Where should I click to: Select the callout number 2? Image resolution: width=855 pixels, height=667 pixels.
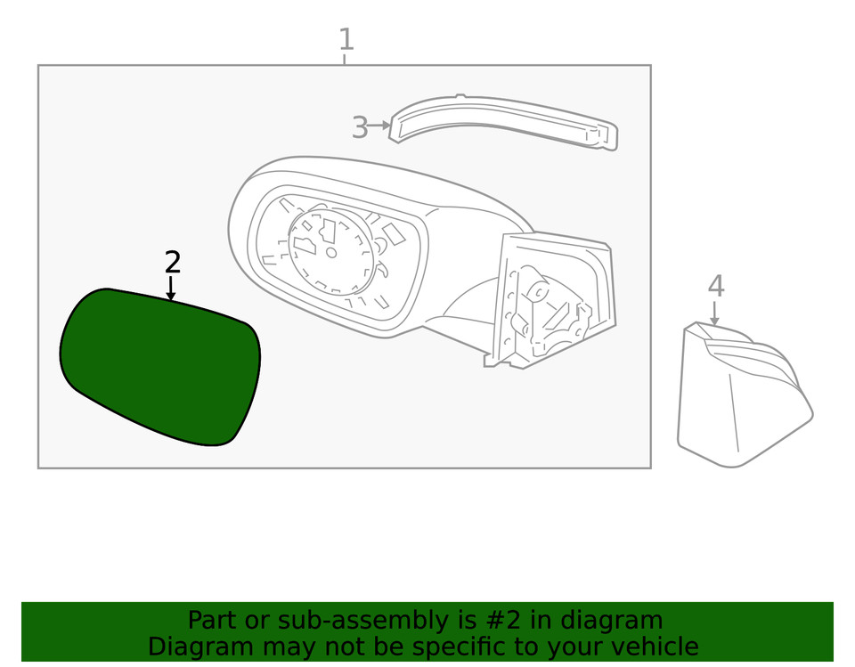(x=172, y=263)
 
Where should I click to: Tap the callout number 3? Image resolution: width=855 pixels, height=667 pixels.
(x=360, y=127)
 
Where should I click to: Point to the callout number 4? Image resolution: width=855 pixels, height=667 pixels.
(x=716, y=286)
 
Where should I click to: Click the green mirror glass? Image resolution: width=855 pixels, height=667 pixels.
(x=159, y=366)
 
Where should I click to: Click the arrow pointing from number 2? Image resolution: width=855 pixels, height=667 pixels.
(x=171, y=288)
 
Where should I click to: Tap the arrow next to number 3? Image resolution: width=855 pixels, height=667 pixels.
(x=379, y=126)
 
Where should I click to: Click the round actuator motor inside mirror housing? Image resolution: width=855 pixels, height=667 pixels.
(x=331, y=251)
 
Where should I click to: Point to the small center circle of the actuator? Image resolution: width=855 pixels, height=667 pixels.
(x=331, y=252)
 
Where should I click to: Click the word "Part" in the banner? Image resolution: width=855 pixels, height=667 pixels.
(x=213, y=620)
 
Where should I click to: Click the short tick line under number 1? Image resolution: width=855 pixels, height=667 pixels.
(x=345, y=59)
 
